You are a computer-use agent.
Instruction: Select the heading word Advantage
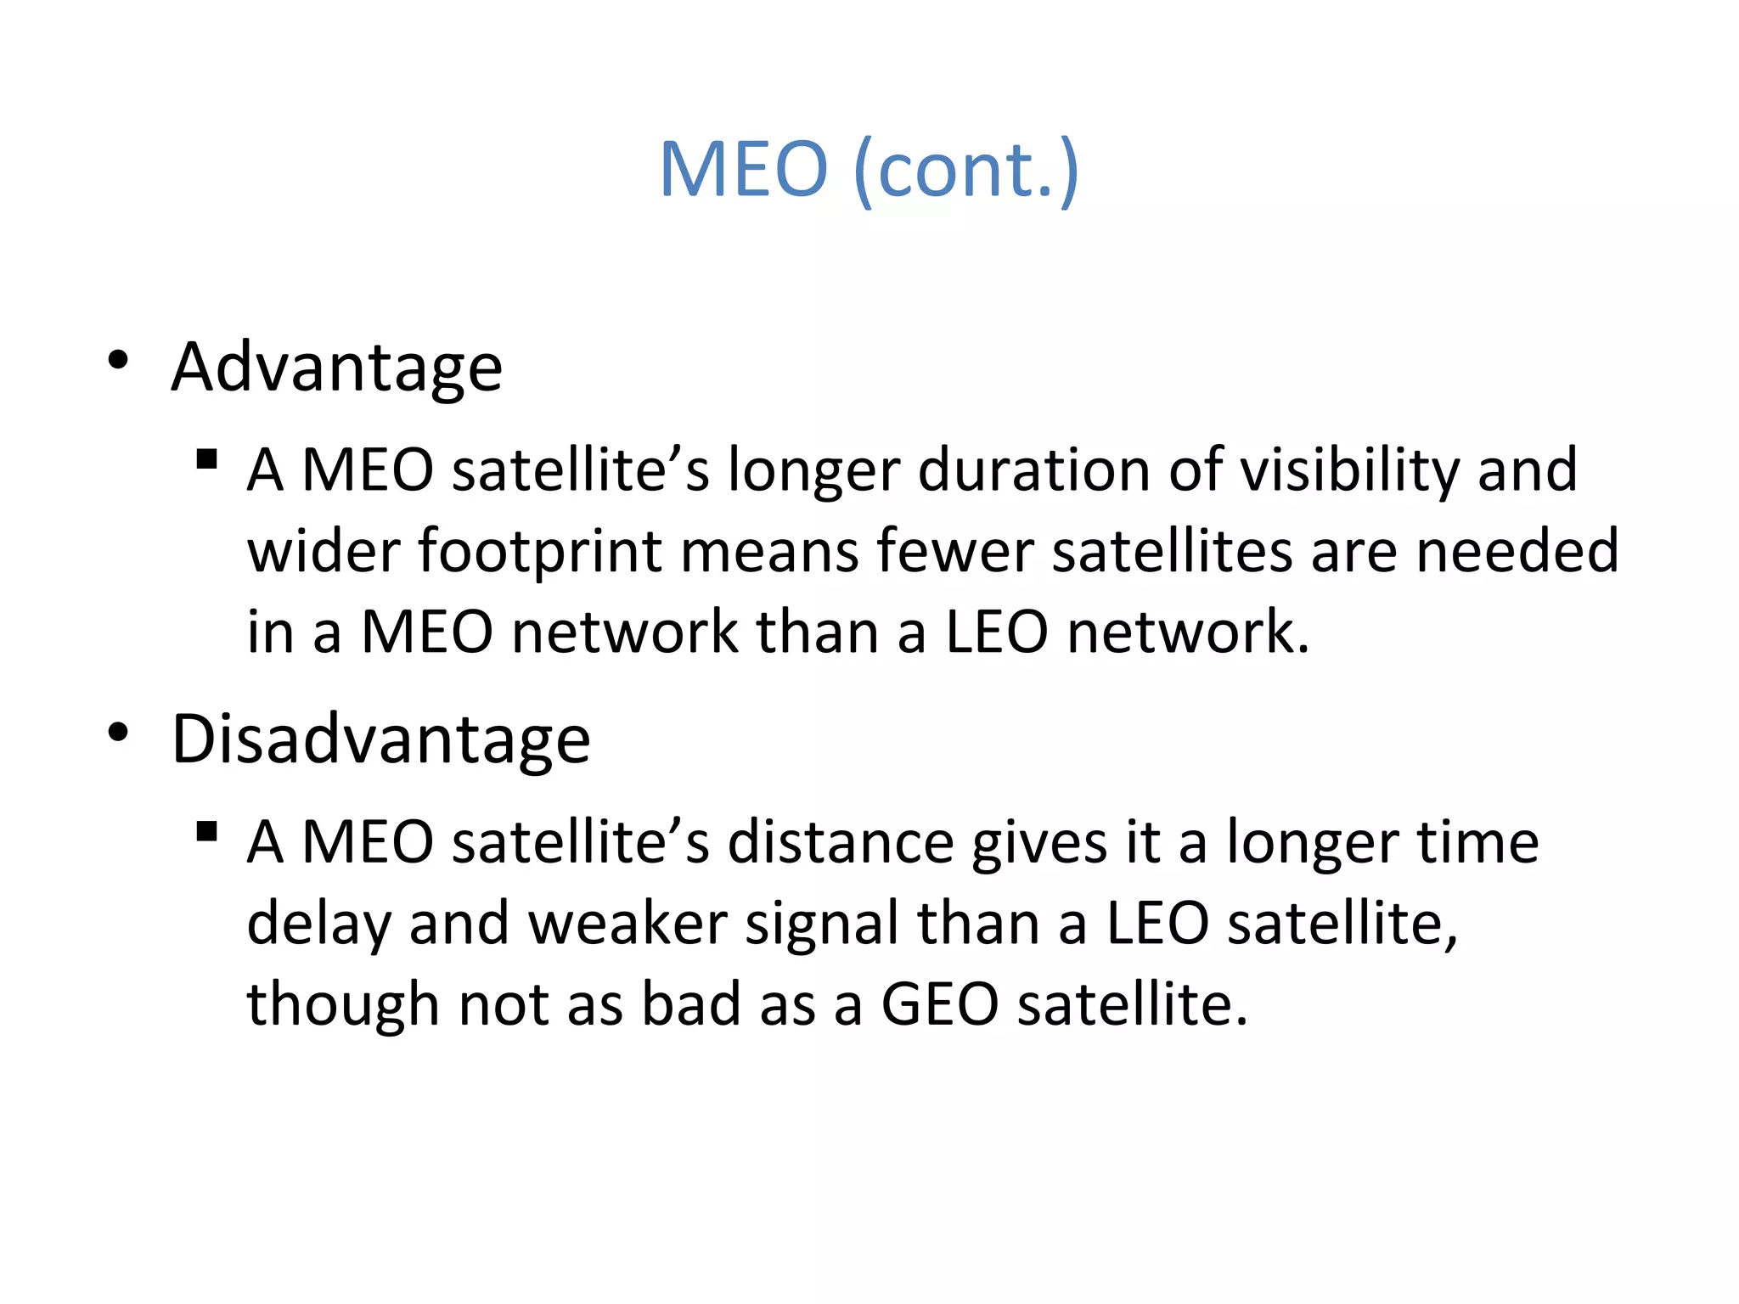pyautogui.click(x=337, y=368)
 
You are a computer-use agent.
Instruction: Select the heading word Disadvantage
pyautogui.click(x=380, y=739)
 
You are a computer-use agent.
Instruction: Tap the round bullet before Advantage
pyautogui.click(x=118, y=361)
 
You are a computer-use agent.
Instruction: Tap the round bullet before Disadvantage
pyautogui.click(x=118, y=732)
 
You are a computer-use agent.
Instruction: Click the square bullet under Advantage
pyautogui.click(x=206, y=460)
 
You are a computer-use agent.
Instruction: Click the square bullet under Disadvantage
pyautogui.click(x=206, y=831)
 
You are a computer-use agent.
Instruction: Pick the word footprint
pyautogui.click(x=539, y=552)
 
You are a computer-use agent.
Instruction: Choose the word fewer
pyautogui.click(x=954, y=552)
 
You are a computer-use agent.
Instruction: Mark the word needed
pyautogui.click(x=1517, y=552)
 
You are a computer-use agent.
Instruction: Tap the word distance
pyautogui.click(x=840, y=842)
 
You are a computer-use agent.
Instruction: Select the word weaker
pyautogui.click(x=628, y=924)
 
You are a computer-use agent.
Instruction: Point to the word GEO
pyautogui.click(x=940, y=1005)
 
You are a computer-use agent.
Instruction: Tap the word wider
pyautogui.click(x=323, y=552)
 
